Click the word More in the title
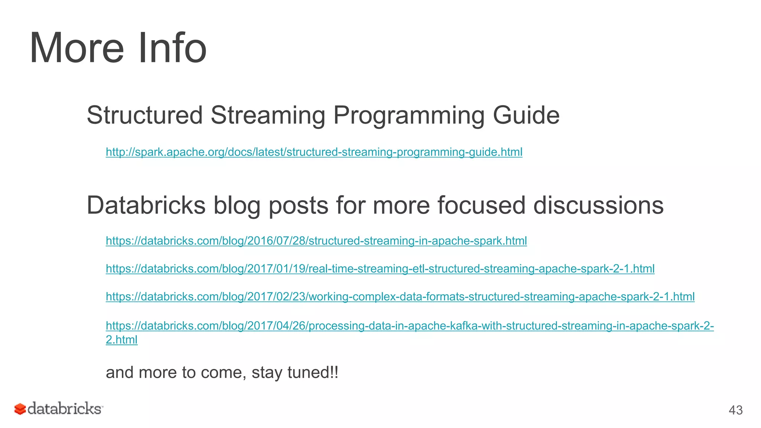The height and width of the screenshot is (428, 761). coord(77,48)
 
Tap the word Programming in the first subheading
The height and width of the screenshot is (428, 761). coord(409,116)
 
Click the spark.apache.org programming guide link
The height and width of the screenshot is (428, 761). coord(314,152)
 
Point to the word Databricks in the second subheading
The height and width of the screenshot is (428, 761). coord(146,205)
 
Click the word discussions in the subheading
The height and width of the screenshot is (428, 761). coord(598,205)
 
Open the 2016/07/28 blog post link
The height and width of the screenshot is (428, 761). coord(316,241)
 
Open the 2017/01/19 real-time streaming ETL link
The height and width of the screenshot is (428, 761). coord(380,269)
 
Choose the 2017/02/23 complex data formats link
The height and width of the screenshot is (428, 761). coord(400,296)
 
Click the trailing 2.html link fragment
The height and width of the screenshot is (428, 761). coord(122,340)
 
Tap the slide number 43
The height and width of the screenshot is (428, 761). coord(735,410)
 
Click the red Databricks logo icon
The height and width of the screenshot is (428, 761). coord(20,409)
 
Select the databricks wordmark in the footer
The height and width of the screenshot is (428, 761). coord(65,409)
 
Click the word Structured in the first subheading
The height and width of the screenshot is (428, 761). coord(145,116)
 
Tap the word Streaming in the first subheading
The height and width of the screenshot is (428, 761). coord(268,116)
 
